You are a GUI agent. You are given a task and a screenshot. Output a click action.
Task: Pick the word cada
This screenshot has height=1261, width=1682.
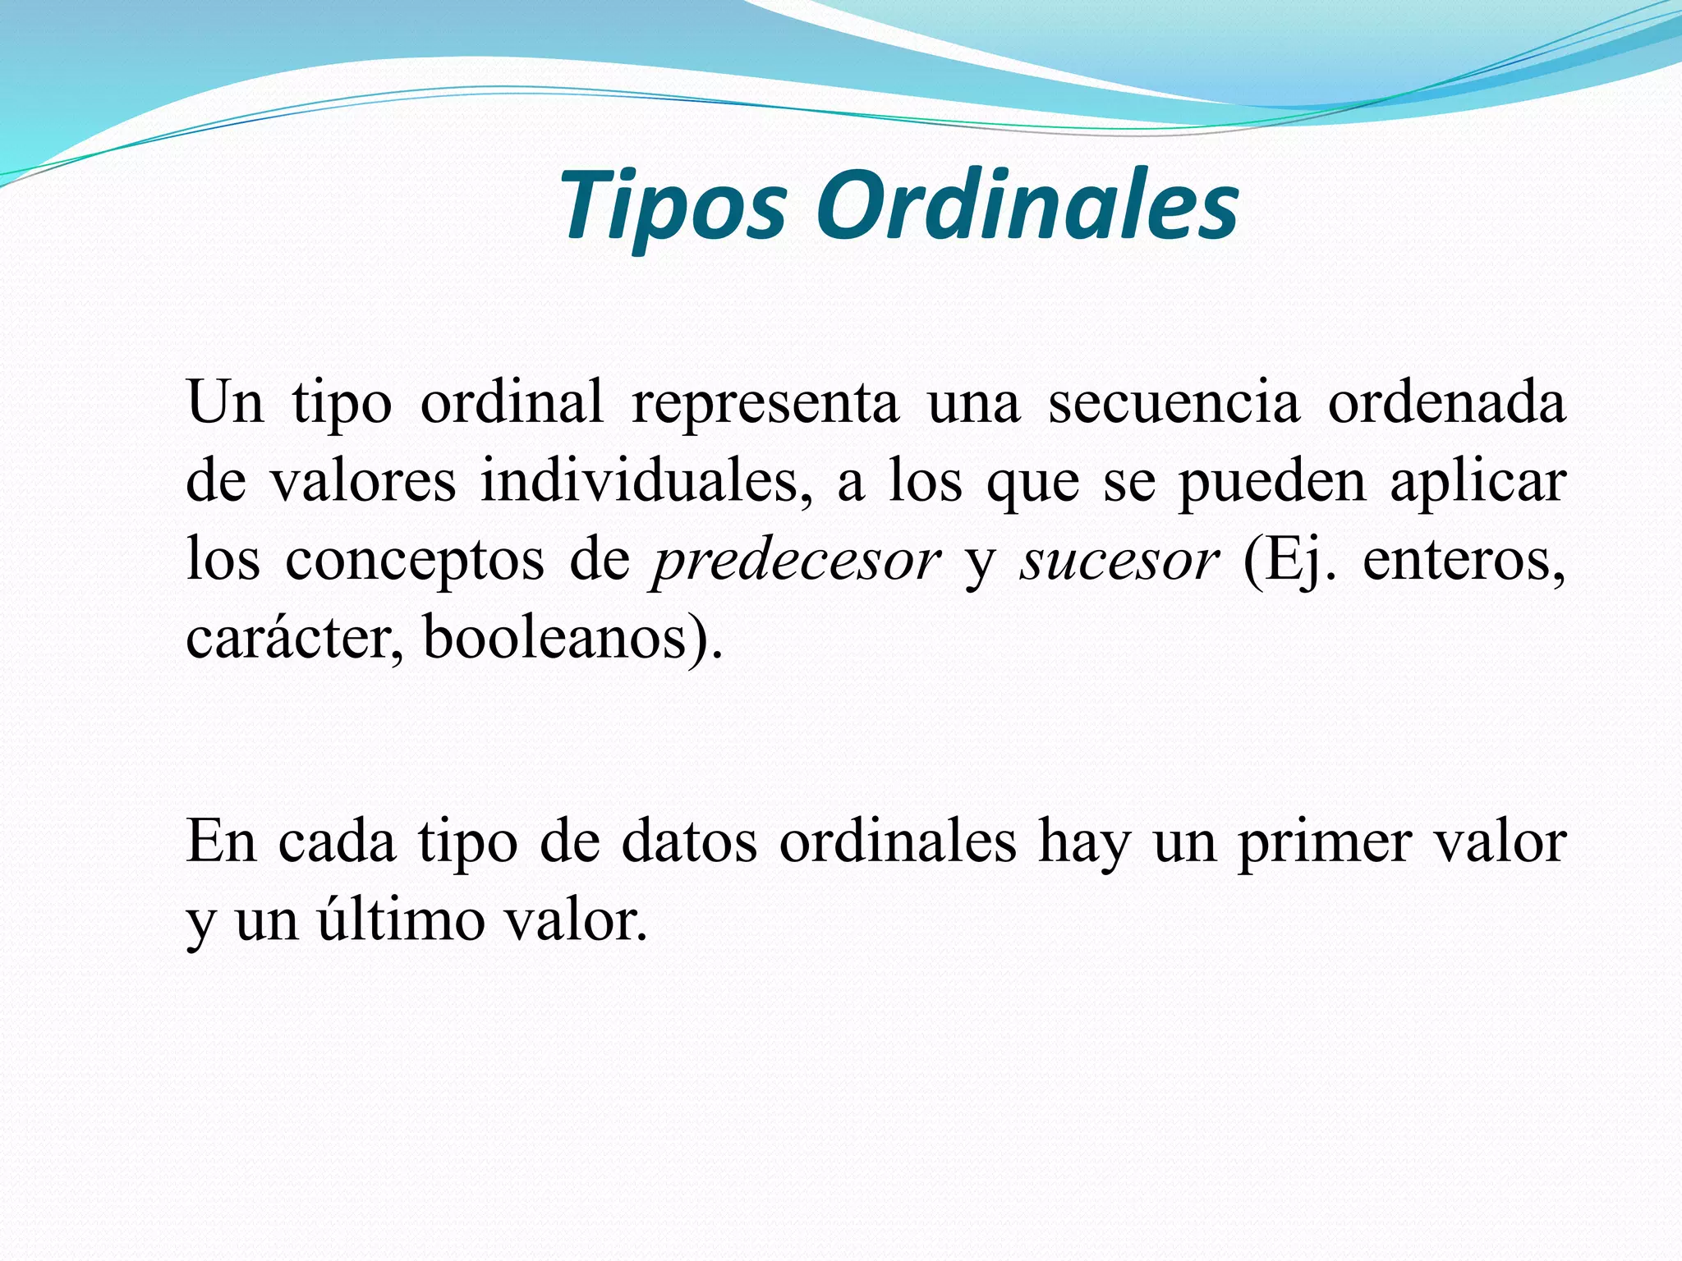[x=337, y=842]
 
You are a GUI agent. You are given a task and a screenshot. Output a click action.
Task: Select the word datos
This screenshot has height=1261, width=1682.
[x=688, y=842]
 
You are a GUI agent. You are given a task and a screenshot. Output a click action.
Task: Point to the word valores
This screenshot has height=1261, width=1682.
[x=363, y=481]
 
